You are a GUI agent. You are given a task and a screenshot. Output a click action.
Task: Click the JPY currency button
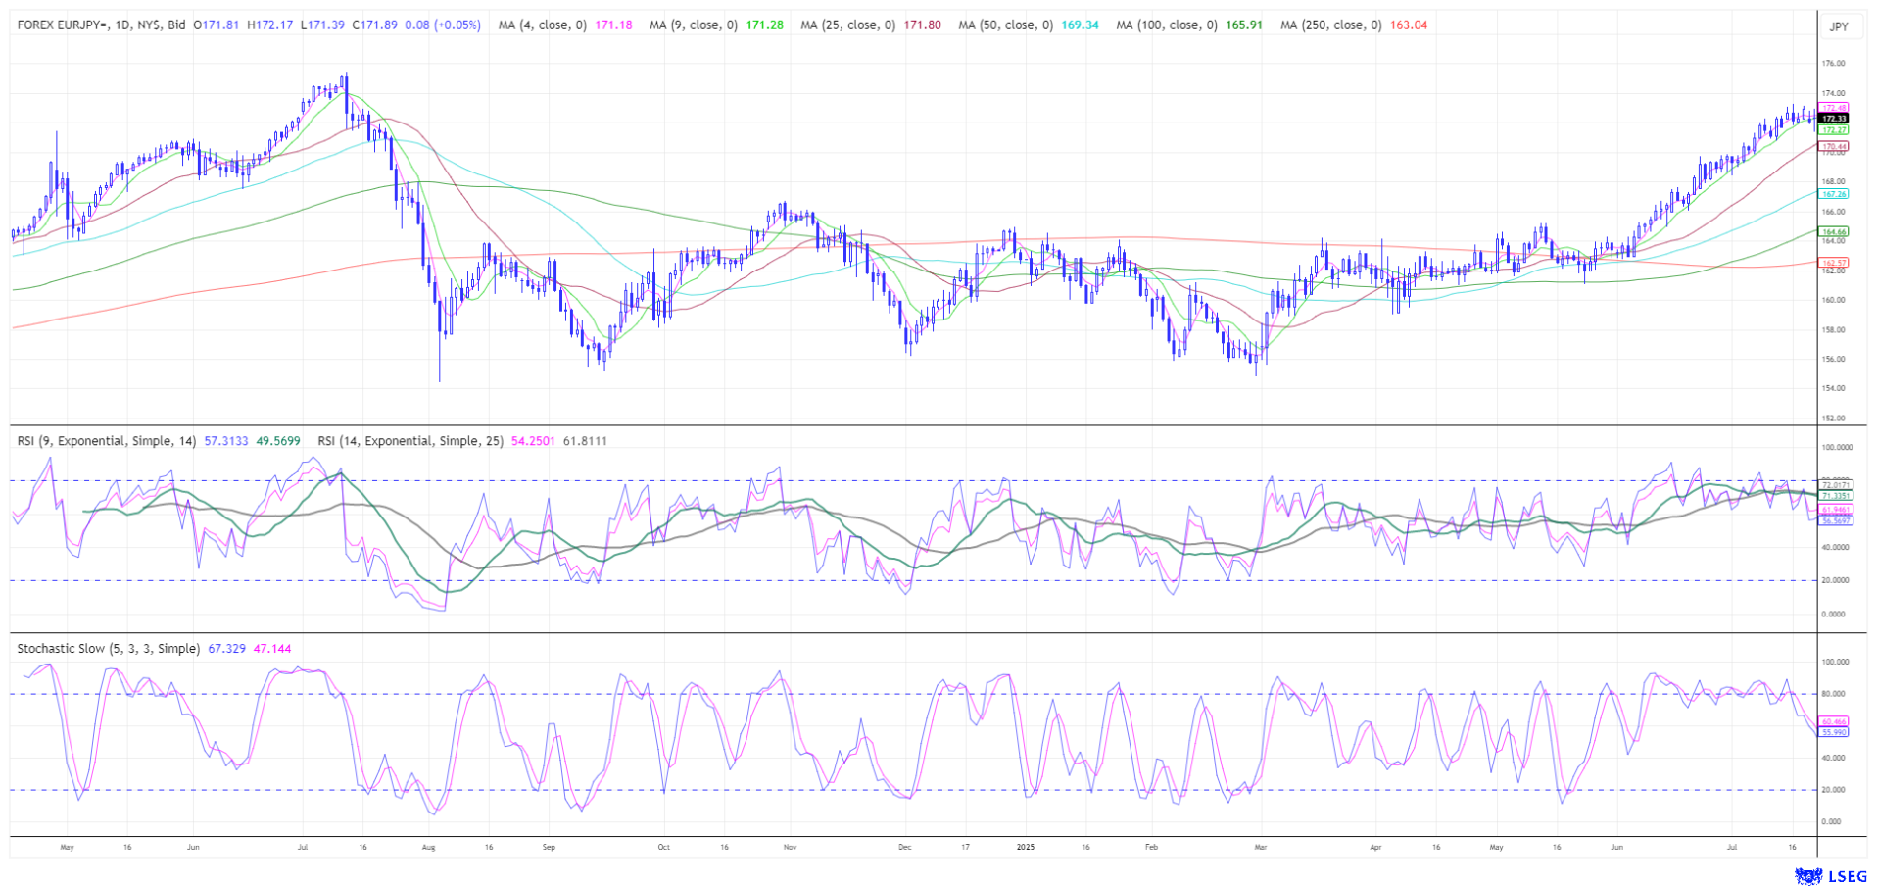(x=1839, y=26)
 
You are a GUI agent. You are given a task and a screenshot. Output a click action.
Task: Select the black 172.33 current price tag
(x=1833, y=119)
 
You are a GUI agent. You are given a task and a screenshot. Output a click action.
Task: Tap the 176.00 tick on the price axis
(x=1833, y=64)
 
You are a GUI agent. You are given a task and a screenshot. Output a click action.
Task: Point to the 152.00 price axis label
(x=1833, y=419)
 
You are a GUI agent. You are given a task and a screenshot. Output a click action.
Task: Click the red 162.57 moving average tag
(x=1833, y=263)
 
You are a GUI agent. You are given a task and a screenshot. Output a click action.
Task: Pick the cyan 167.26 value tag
(x=1833, y=194)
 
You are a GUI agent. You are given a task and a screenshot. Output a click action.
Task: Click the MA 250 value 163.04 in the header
(x=1409, y=25)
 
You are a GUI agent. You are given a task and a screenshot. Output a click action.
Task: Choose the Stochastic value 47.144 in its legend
(x=272, y=649)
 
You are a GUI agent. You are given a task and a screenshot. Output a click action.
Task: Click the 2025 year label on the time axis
(x=1026, y=846)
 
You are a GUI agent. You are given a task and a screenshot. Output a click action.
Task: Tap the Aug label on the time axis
(x=428, y=846)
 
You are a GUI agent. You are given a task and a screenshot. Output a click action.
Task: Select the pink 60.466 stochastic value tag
(x=1833, y=721)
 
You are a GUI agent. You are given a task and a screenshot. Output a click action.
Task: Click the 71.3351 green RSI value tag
(x=1835, y=496)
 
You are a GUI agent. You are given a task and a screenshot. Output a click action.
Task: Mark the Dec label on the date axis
(x=904, y=846)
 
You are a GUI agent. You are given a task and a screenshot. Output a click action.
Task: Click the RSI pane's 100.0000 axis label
(x=1837, y=447)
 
